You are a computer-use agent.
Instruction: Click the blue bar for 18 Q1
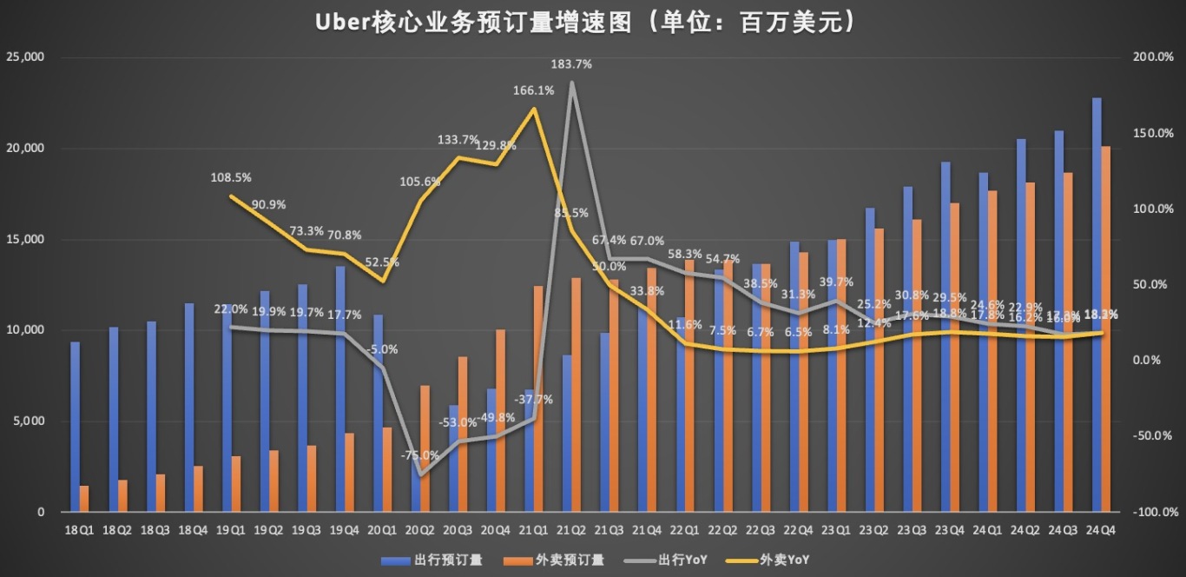click(76, 427)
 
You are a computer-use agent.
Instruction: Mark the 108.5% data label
click(231, 177)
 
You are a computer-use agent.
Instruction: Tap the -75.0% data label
click(419, 455)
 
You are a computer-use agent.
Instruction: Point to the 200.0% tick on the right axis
click(1152, 57)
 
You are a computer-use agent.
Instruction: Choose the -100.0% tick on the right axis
click(1150, 513)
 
